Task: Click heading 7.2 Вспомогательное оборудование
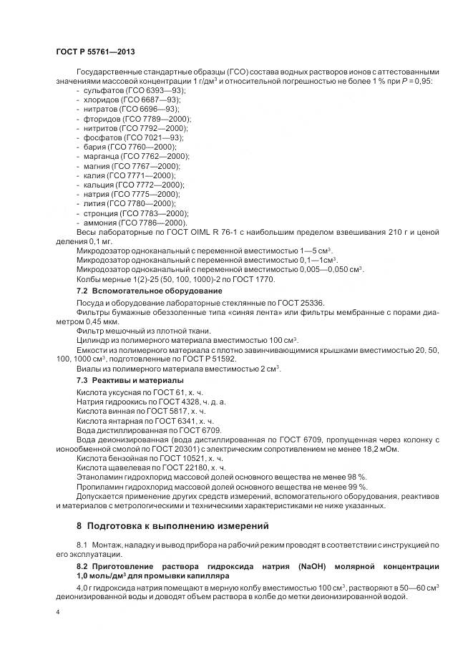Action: (150, 291)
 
